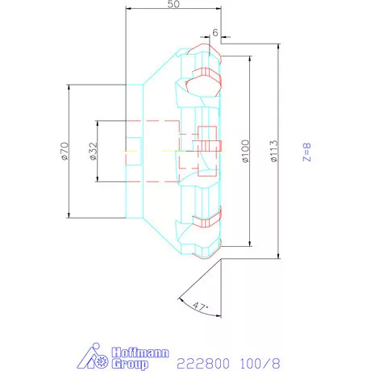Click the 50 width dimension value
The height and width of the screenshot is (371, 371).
(173, 5)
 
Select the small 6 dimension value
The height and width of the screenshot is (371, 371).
(215, 32)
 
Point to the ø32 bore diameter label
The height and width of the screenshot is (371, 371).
(93, 151)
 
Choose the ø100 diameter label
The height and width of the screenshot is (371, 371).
(245, 151)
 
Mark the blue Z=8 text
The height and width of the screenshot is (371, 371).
(306, 152)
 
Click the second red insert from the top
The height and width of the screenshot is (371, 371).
(202, 80)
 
